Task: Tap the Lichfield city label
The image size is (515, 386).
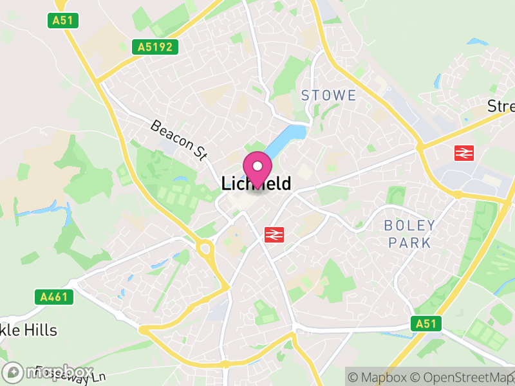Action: point(256,184)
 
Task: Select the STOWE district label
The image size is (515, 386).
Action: point(328,96)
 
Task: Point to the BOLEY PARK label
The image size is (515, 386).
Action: point(409,234)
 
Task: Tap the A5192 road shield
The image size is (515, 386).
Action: point(154,46)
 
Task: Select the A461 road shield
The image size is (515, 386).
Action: point(54,297)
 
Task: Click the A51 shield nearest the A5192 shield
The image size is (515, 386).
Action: point(63,21)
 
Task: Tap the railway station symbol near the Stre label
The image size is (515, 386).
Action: point(464,152)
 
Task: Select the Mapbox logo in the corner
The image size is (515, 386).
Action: point(48,372)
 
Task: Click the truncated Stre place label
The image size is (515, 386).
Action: point(501,106)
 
